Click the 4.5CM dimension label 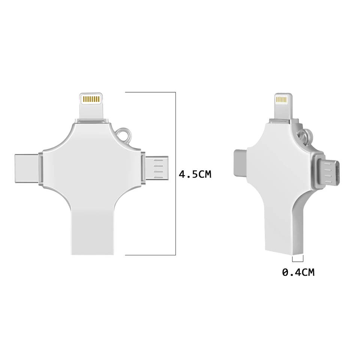click(x=195, y=174)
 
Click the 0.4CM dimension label click(x=298, y=272)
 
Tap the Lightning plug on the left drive click(x=91, y=106)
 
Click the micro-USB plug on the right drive click(x=328, y=172)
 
